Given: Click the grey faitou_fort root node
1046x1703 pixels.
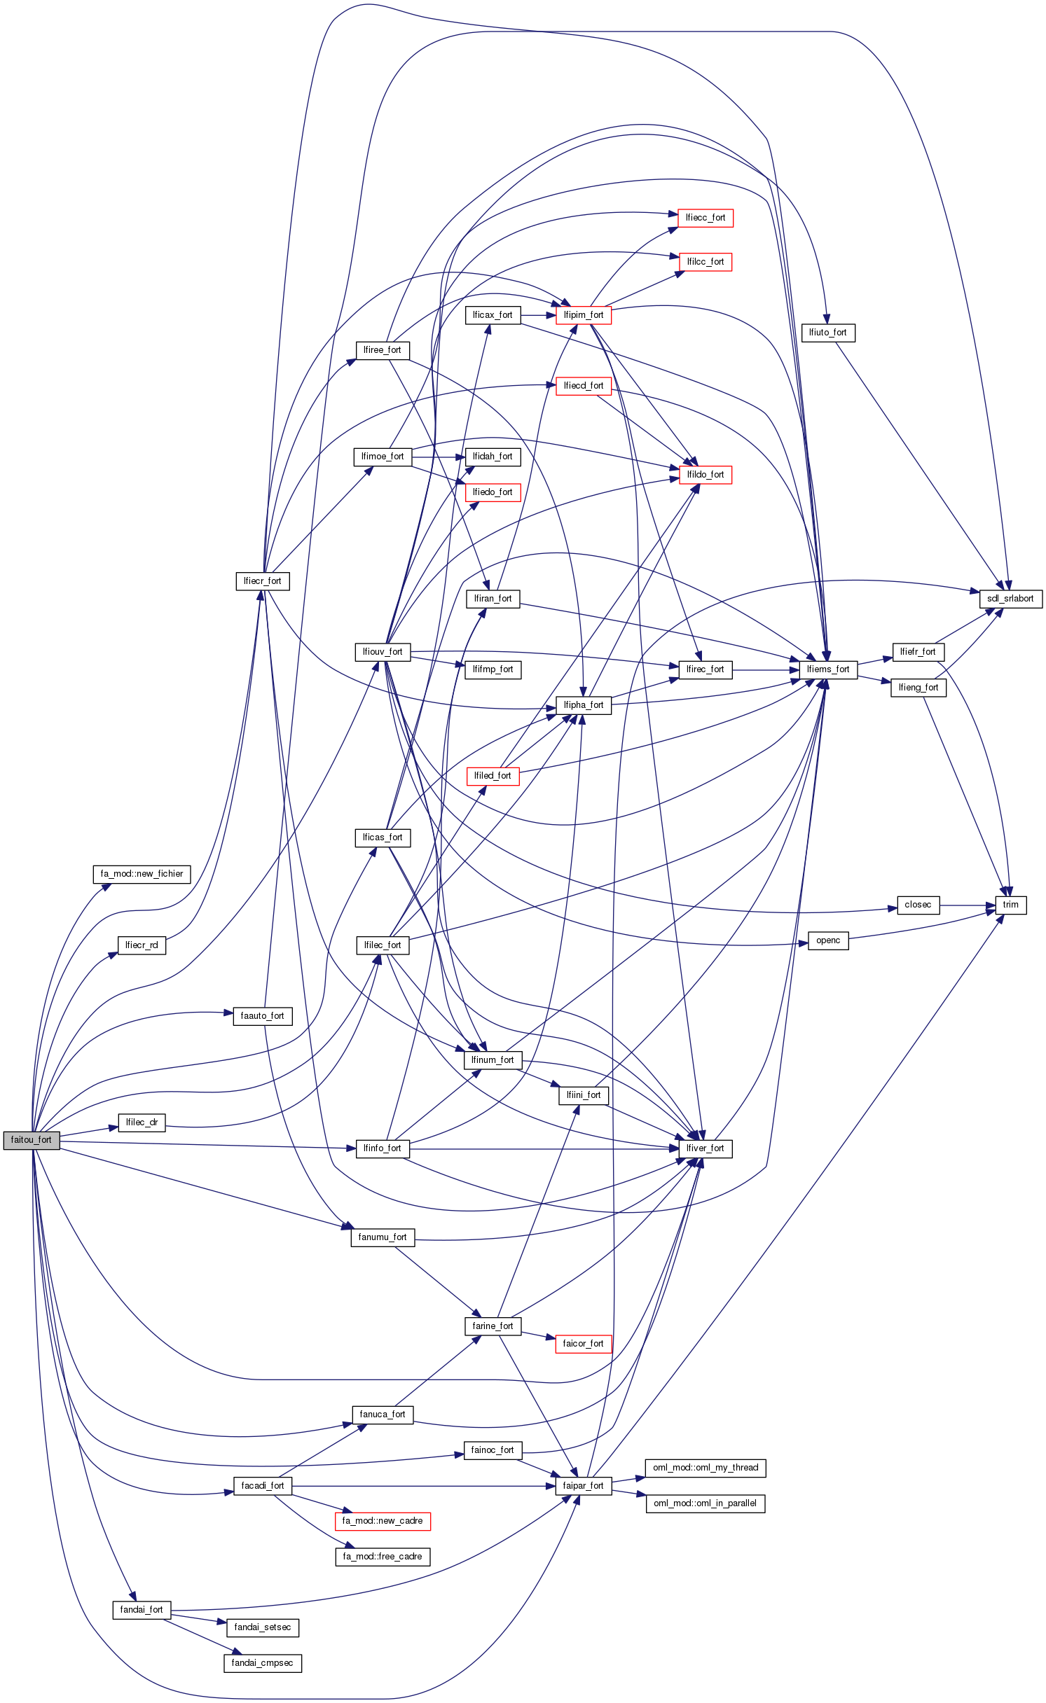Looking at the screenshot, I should pyautogui.click(x=32, y=1139).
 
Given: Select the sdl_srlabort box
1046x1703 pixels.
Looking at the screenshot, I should pyautogui.click(x=1010, y=599).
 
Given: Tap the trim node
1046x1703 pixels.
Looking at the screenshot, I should pyautogui.click(x=1010, y=905).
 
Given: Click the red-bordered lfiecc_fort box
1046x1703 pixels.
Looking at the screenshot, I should pyautogui.click(x=705, y=218).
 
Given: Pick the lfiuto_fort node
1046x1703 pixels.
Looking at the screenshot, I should pyautogui.click(x=827, y=333).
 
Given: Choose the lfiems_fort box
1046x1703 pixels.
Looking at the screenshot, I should pyautogui.click(x=827, y=669).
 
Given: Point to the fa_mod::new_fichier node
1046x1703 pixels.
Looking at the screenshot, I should pyautogui.click(x=142, y=874).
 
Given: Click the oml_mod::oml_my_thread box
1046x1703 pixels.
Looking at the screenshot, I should pyautogui.click(x=705, y=1468).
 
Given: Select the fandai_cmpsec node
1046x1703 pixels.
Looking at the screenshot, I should pyautogui.click(x=262, y=1663).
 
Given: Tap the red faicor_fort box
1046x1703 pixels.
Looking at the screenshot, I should pyautogui.click(x=583, y=1344).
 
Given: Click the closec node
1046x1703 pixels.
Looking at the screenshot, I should pyautogui.click(x=918, y=905).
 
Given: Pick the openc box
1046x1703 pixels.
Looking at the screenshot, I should pyautogui.click(x=827, y=940).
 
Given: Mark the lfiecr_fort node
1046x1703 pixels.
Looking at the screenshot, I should pyautogui.click(x=262, y=581).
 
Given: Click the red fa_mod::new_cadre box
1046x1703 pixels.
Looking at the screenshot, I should pyautogui.click(x=382, y=1521).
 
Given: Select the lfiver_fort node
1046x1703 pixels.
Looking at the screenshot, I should pyautogui.click(x=705, y=1148).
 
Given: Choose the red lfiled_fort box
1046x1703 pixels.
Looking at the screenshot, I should pyautogui.click(x=493, y=776).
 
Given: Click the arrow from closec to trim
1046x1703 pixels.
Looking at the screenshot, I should pyautogui.click(x=967, y=905).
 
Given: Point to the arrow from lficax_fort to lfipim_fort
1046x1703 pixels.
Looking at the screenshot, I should pyautogui.click(x=538, y=316).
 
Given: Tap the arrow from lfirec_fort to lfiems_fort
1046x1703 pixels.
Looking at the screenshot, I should pyautogui.click(x=765, y=670).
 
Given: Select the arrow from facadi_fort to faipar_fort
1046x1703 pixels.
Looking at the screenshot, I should pyautogui.click(x=420, y=1486).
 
